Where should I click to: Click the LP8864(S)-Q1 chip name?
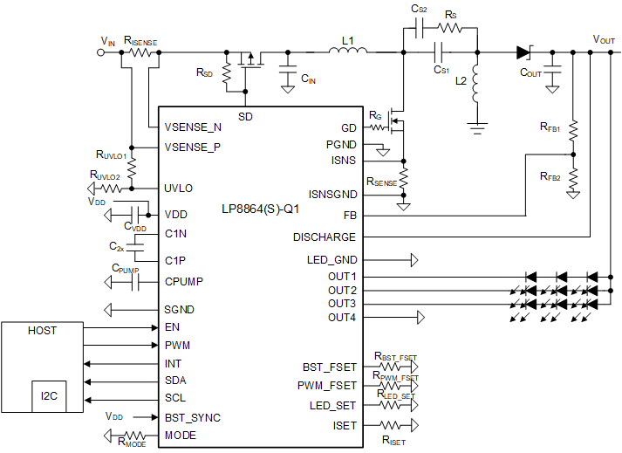coord(259,210)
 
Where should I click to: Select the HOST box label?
coord(42,331)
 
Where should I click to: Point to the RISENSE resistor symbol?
coord(141,52)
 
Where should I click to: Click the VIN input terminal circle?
coord(102,52)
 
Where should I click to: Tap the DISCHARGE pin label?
coord(325,237)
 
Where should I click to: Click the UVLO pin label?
coord(179,188)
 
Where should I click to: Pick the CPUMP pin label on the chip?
coord(186,281)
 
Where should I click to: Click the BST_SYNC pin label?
coord(193,417)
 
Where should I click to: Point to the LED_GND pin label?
coord(332,259)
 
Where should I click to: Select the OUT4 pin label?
coord(342,317)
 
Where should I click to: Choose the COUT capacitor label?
coord(530,73)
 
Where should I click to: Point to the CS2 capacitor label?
coord(419,9)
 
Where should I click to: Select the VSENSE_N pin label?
coord(193,127)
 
